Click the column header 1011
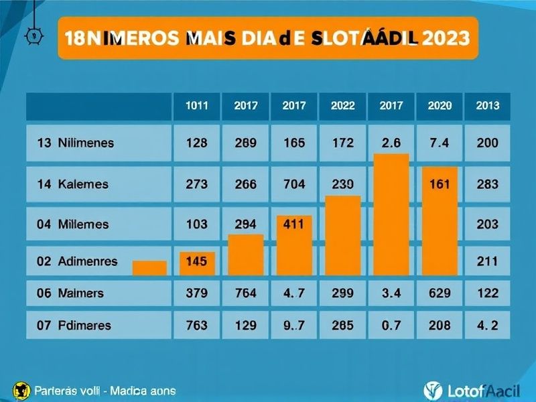(x=196, y=106)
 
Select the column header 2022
(x=342, y=106)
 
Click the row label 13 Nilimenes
(x=75, y=143)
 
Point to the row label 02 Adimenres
(x=77, y=262)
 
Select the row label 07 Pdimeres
(x=74, y=326)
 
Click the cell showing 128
(x=196, y=143)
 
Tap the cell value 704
(x=294, y=184)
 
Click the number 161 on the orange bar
(x=440, y=184)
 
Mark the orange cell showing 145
(x=196, y=262)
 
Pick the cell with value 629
(x=440, y=293)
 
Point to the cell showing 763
(x=196, y=326)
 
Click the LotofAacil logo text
(x=476, y=390)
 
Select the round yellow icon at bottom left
(x=21, y=390)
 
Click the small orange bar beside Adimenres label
(x=149, y=268)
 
